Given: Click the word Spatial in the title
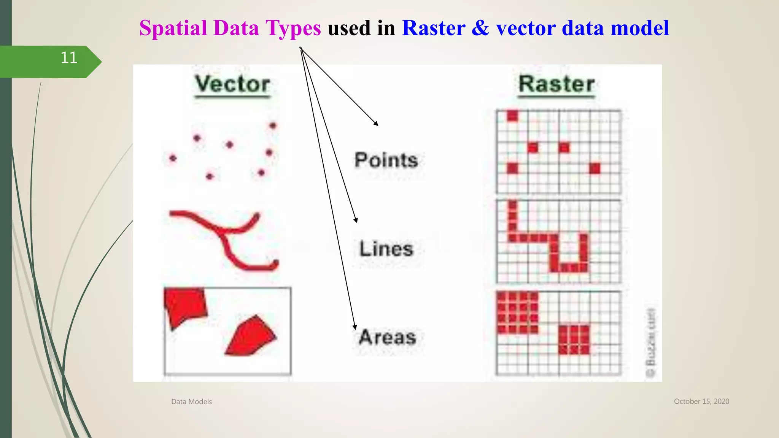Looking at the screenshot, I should click(x=173, y=28).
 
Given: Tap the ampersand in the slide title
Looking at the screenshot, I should click(x=480, y=28).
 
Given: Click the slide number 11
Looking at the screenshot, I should click(x=69, y=58).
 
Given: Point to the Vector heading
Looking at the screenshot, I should click(x=232, y=84).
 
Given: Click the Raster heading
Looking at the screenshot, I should click(x=556, y=84).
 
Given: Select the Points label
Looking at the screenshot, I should click(x=386, y=160).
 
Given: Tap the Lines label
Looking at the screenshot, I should click(x=386, y=249).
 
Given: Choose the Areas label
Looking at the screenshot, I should click(x=387, y=337).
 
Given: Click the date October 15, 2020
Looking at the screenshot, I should click(x=701, y=401).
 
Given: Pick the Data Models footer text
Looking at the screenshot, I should click(x=191, y=401).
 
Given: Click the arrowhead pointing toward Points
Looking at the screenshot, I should click(x=376, y=123).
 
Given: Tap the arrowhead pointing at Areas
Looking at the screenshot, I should click(x=355, y=327).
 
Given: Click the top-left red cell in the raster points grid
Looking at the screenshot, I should click(x=512, y=116).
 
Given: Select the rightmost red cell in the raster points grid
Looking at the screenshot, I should click(x=595, y=168).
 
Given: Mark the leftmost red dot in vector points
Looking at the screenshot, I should click(x=173, y=158).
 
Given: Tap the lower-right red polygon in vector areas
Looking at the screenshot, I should click(x=251, y=336).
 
